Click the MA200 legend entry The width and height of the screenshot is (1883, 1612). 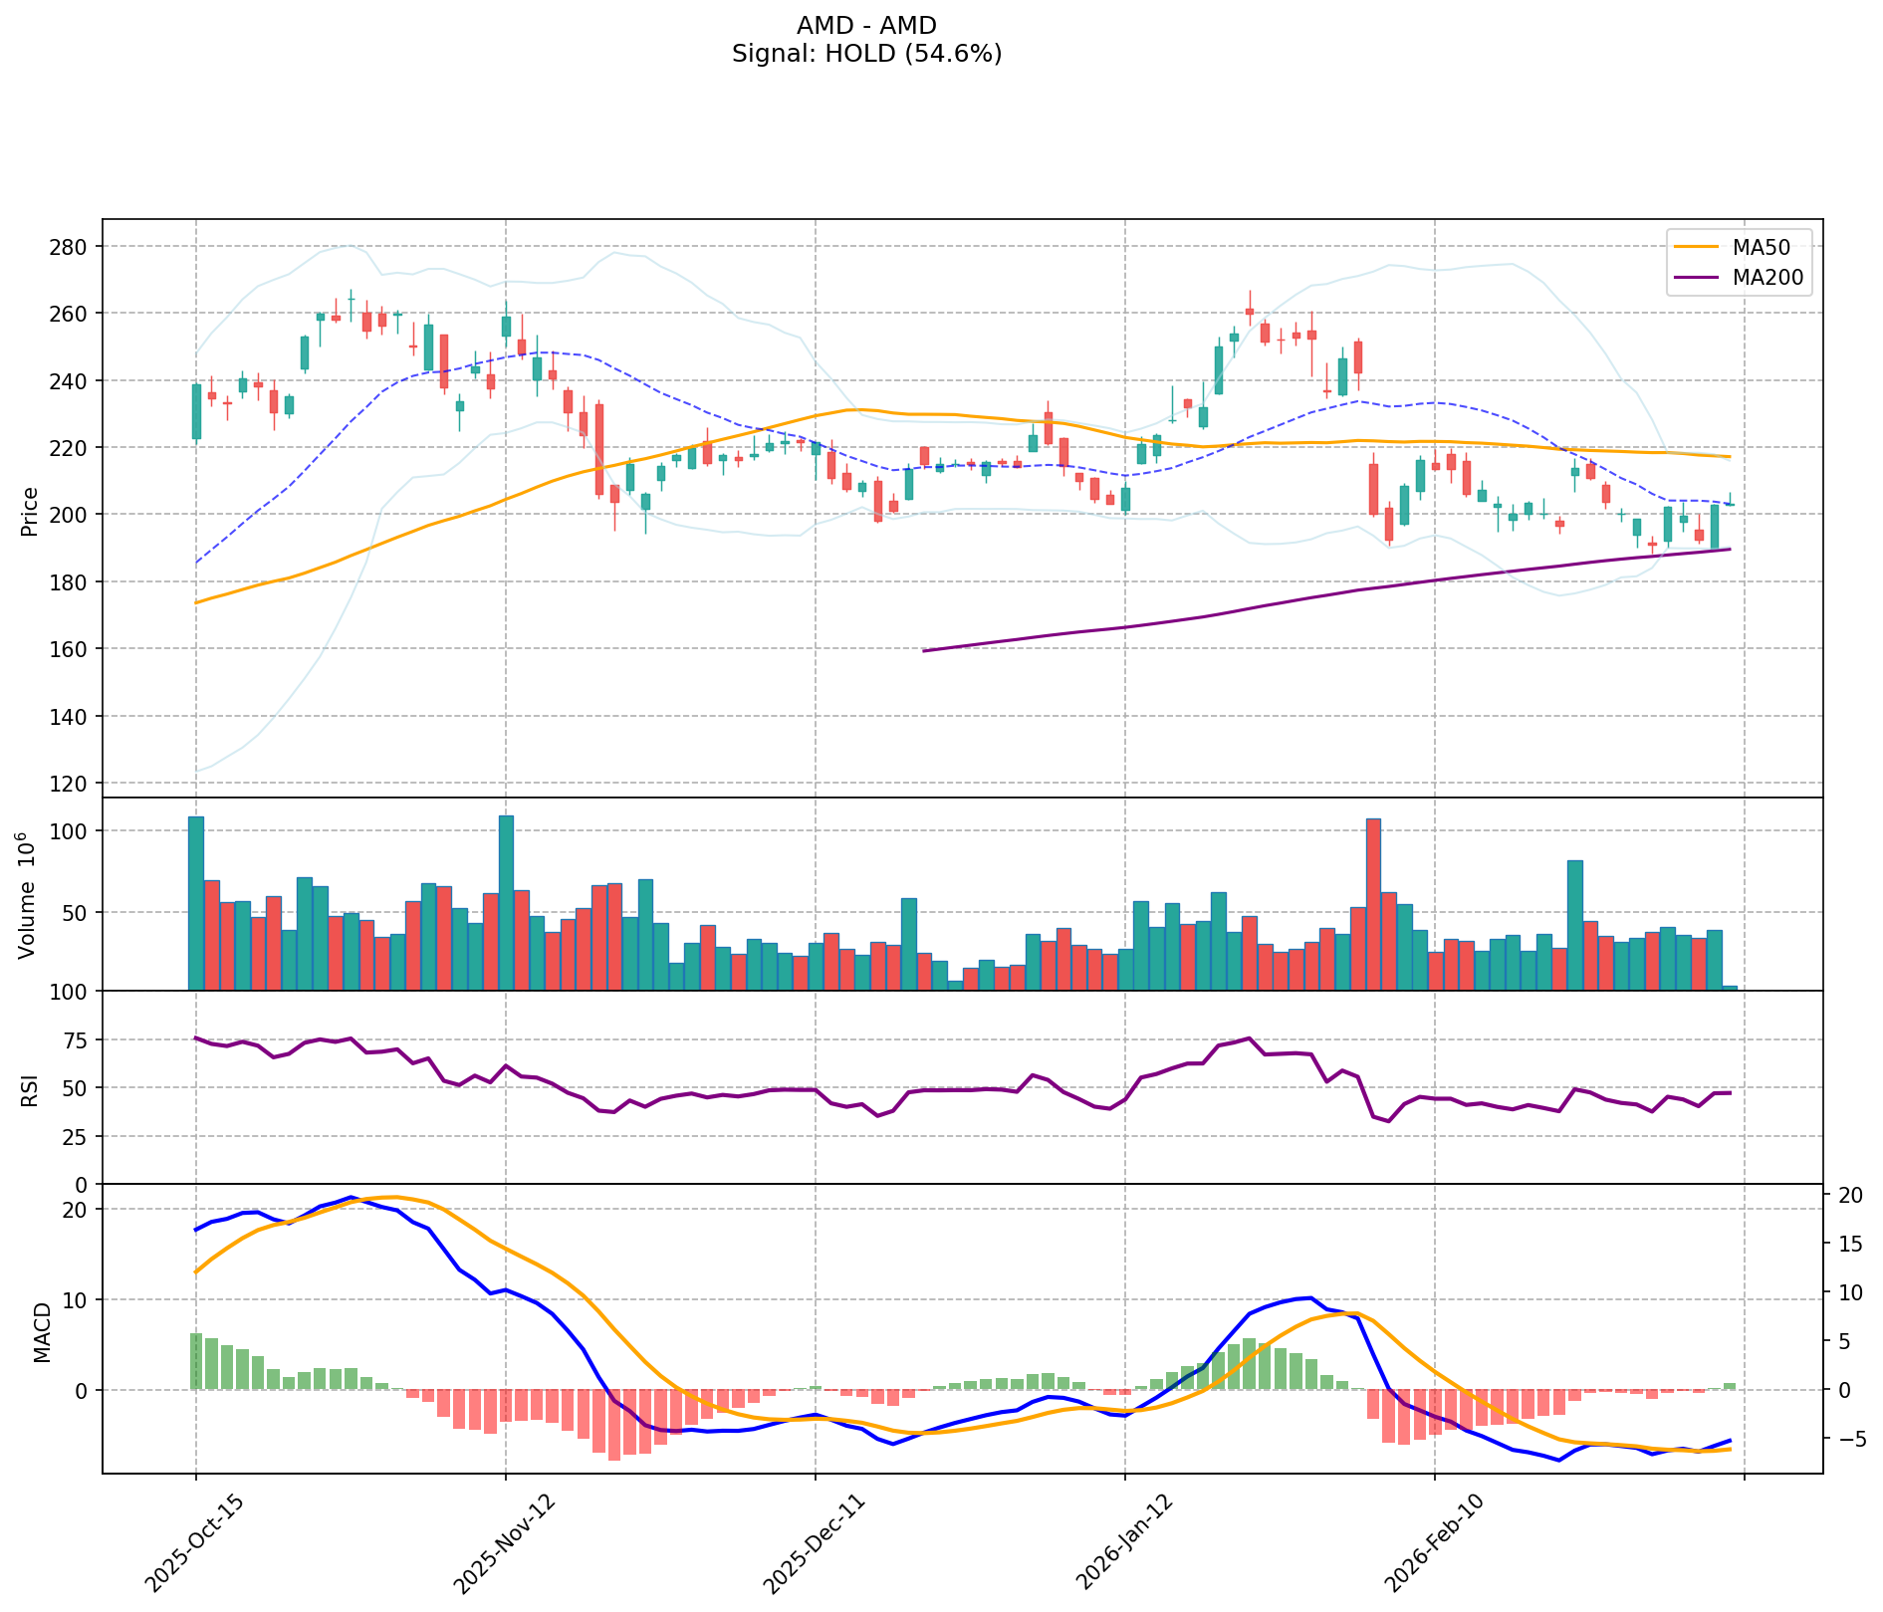[1761, 278]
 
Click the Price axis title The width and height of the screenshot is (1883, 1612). [30, 511]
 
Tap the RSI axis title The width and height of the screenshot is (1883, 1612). [30, 1089]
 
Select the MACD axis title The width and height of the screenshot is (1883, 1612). [42, 1332]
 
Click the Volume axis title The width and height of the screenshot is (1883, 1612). [28, 894]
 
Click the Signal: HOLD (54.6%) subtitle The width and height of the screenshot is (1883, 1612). [866, 54]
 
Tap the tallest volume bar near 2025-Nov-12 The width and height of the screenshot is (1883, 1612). [506, 902]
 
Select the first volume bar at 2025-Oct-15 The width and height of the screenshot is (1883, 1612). [195, 902]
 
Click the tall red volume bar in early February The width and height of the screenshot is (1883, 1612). [1373, 904]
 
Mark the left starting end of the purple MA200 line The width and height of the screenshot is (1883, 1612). [924, 651]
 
